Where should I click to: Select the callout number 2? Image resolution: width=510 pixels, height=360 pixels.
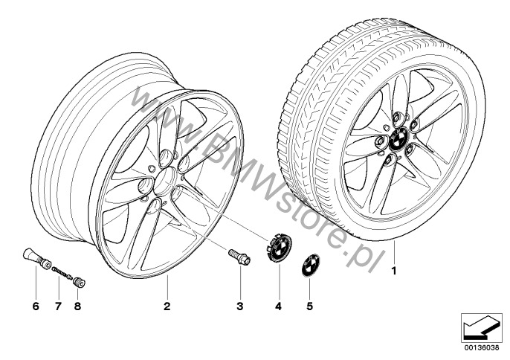click(x=167, y=306)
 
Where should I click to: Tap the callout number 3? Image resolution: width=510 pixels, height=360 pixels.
click(x=240, y=306)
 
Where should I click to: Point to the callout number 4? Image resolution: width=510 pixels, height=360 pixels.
click(x=280, y=306)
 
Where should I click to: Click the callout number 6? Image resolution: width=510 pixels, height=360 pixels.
click(x=35, y=306)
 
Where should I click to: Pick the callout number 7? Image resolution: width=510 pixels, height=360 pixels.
click(x=57, y=306)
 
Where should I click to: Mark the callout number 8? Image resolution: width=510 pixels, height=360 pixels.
click(x=77, y=306)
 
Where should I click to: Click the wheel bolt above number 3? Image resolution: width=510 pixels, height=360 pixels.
click(x=239, y=257)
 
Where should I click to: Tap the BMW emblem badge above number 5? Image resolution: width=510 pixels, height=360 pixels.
click(x=309, y=267)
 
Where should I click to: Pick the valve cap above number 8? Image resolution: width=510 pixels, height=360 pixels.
click(x=78, y=280)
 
